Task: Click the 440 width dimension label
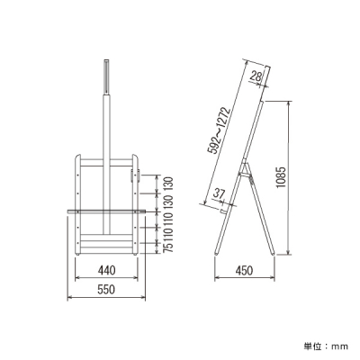106,270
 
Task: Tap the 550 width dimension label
106,290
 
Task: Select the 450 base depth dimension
244,271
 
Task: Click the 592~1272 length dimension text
220,131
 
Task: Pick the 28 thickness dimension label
256,76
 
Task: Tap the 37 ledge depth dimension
219,193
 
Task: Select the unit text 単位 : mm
326,346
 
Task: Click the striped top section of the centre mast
106,76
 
